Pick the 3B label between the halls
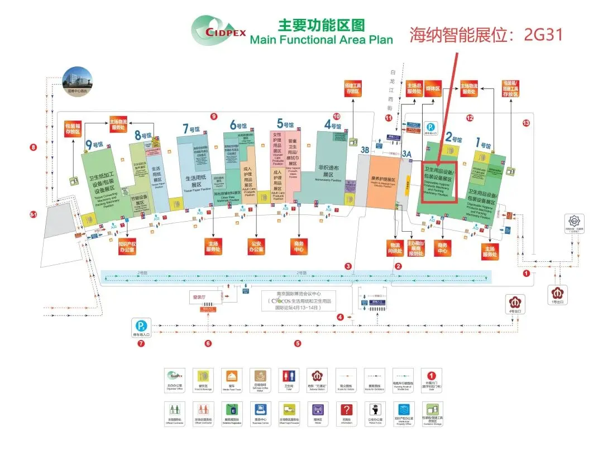click(365, 150)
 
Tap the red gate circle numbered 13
click(525, 123)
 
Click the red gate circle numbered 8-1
click(32, 214)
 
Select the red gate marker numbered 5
click(298, 344)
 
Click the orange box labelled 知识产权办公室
click(127, 246)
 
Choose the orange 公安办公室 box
click(256, 246)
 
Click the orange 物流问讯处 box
click(395, 248)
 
